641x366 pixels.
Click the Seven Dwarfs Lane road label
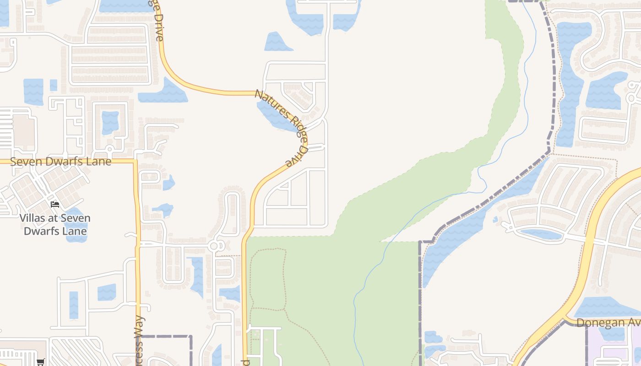tap(60, 161)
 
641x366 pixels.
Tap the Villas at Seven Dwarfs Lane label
tap(55, 224)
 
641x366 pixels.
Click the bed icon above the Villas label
tap(55, 204)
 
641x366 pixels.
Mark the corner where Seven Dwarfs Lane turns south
tap(136, 161)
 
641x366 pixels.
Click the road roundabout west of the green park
tap(213, 246)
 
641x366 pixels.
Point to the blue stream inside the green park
tap(362, 284)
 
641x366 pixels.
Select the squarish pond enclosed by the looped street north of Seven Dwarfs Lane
tap(110, 122)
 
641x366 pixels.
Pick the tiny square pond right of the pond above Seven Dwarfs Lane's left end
tap(54, 85)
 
